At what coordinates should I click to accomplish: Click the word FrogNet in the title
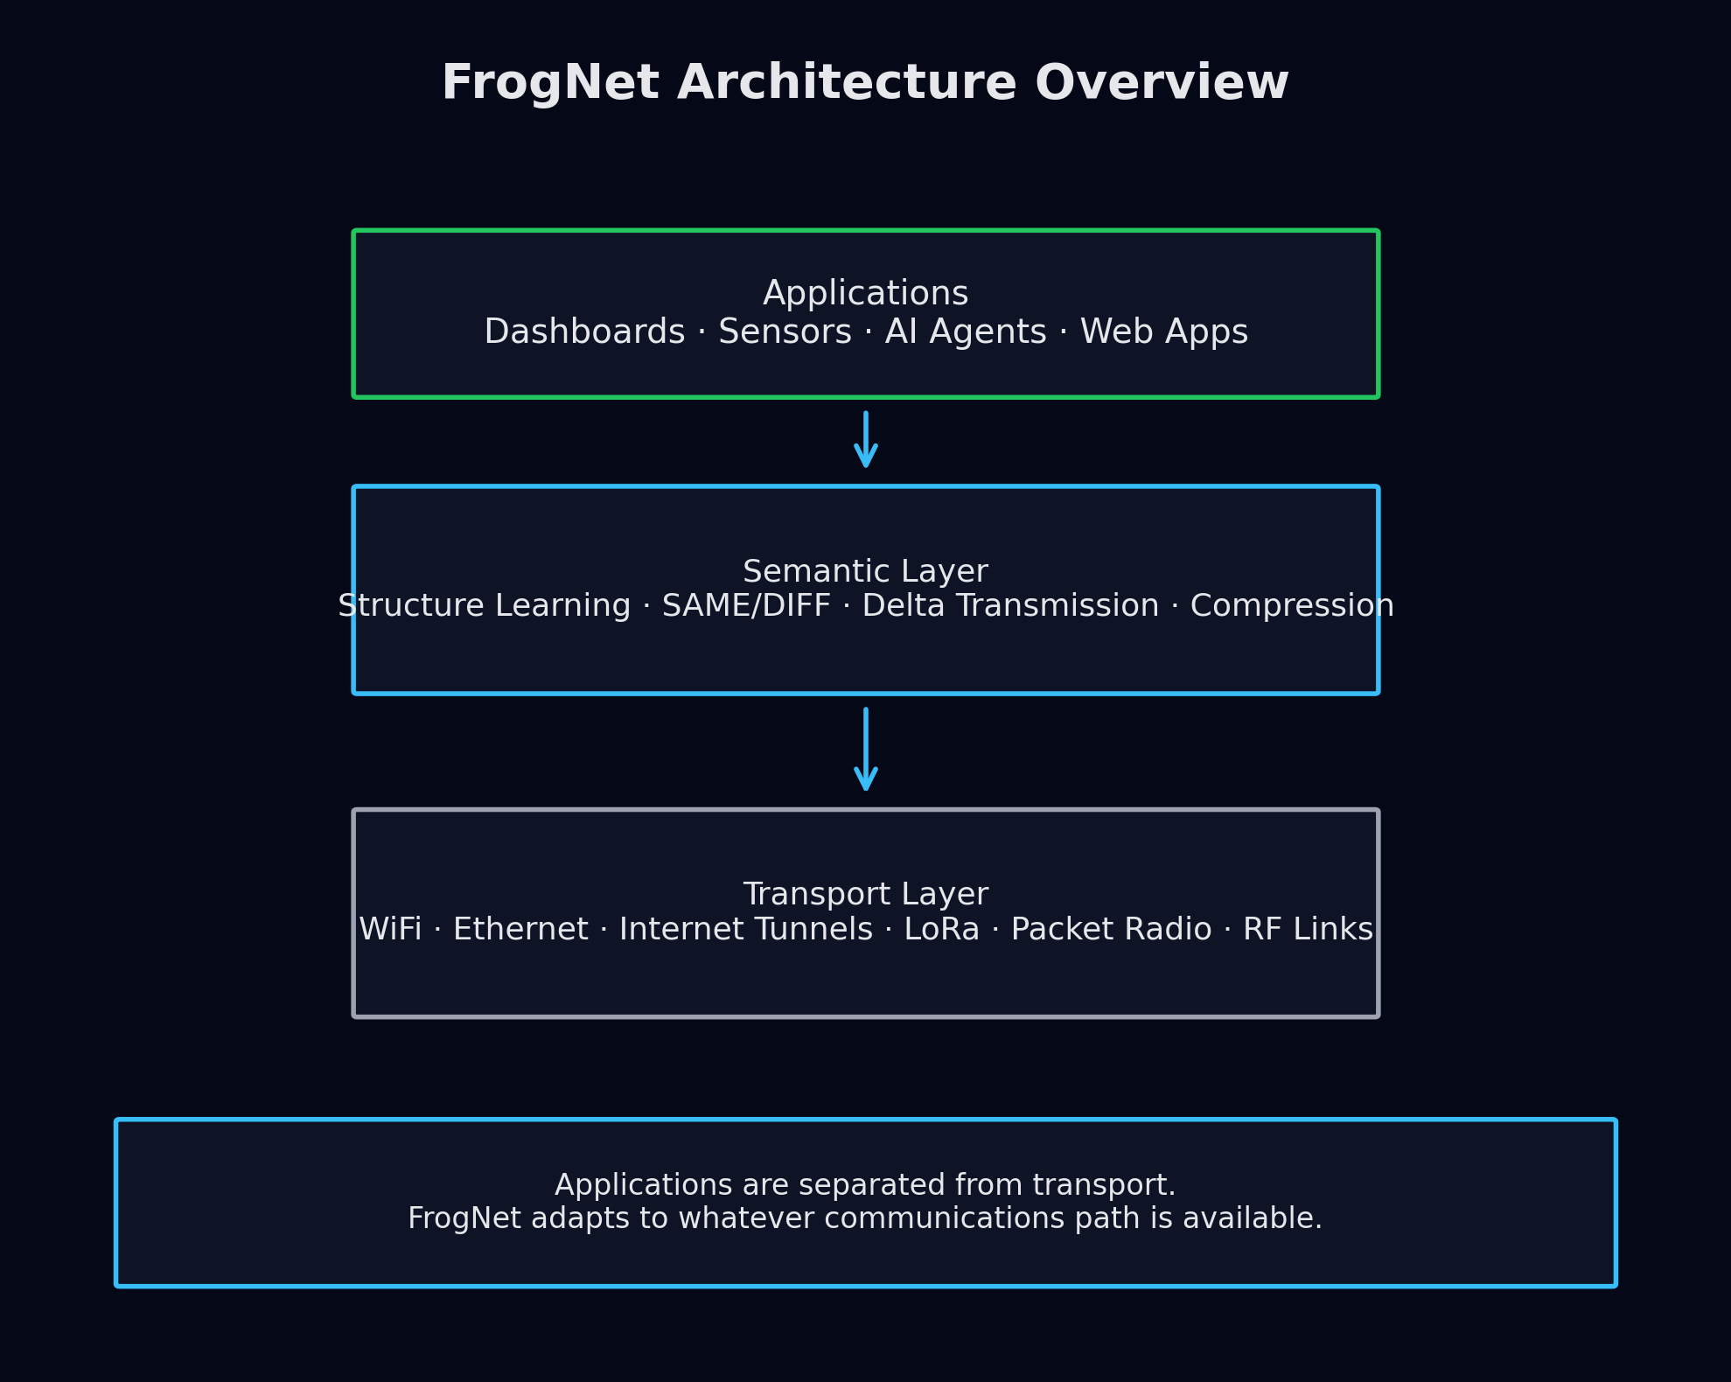[x=549, y=84]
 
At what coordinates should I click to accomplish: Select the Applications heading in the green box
[x=865, y=294]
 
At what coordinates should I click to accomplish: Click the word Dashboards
[x=584, y=332]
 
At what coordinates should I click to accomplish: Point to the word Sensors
[x=785, y=332]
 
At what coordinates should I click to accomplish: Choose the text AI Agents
[x=966, y=332]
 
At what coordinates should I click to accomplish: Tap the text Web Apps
[x=1163, y=332]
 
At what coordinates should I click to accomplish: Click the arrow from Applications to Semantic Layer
[x=865, y=441]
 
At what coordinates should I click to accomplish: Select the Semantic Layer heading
[x=865, y=572]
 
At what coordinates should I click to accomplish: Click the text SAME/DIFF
[x=746, y=606]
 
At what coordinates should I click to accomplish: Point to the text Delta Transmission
[x=1010, y=606]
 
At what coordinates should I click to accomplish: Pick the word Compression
[x=1291, y=606]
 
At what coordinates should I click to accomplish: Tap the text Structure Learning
[x=485, y=606]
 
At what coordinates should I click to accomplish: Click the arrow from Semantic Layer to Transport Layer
[x=865, y=750]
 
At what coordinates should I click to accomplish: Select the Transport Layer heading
[x=865, y=895]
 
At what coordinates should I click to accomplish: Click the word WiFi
[x=390, y=930]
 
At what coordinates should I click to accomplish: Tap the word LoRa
[x=941, y=930]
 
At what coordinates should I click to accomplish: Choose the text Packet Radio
[x=1111, y=930]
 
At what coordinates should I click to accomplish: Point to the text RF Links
[x=1308, y=930]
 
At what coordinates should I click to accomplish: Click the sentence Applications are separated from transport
[x=865, y=1185]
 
